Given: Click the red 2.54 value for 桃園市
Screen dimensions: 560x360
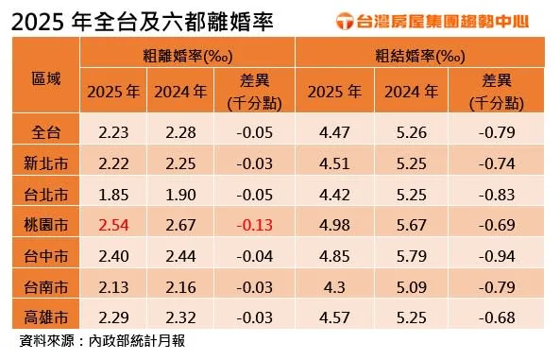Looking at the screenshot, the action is pos(113,225).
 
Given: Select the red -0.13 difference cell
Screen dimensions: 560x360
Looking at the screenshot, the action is pos(255,225).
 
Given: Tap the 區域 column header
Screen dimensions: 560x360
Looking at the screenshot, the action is pos(46,78).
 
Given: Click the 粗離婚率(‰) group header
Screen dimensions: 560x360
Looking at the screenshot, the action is pos(188,56).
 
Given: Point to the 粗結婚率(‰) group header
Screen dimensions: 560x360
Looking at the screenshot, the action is pos(420,56).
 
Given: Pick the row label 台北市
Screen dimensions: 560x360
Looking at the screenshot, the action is pos(46,195).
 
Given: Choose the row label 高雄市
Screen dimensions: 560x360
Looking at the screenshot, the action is pos(46,317).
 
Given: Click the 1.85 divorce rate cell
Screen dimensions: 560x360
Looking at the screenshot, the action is pos(113,195).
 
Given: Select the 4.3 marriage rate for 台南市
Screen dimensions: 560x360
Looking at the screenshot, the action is pos(334,287).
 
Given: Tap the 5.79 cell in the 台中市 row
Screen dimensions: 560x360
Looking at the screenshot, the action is pos(412,256).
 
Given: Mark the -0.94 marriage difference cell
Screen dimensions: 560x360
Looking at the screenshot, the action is pos(497,256).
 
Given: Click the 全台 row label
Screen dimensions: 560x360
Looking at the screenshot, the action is pos(46,132).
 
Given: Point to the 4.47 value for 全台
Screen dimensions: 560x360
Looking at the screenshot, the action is pos(334,132).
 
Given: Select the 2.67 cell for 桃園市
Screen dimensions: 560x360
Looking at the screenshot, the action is pos(180,225).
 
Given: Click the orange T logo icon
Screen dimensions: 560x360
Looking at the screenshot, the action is pos(345,21).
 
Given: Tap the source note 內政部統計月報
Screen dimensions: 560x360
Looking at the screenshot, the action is pos(137,341).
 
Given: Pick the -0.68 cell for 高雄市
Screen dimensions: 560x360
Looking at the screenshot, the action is pos(497,317).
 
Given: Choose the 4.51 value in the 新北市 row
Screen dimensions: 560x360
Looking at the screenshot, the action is pos(334,163).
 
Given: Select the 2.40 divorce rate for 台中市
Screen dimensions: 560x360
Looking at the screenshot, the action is pos(113,256).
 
